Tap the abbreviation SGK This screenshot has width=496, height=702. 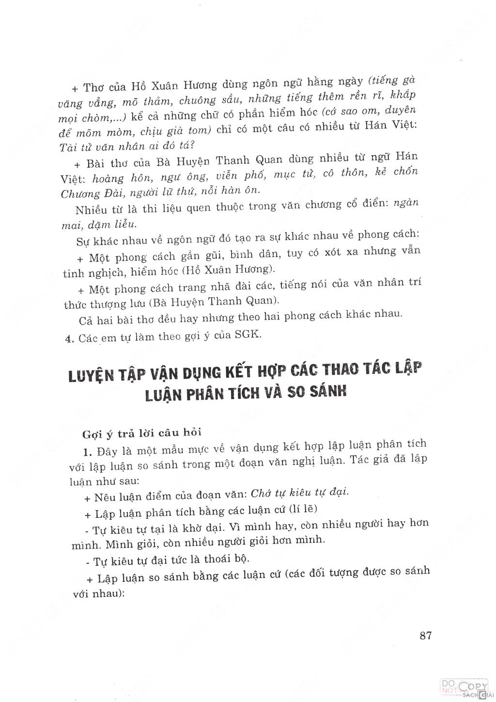247,335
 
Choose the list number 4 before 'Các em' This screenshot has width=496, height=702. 68,338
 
